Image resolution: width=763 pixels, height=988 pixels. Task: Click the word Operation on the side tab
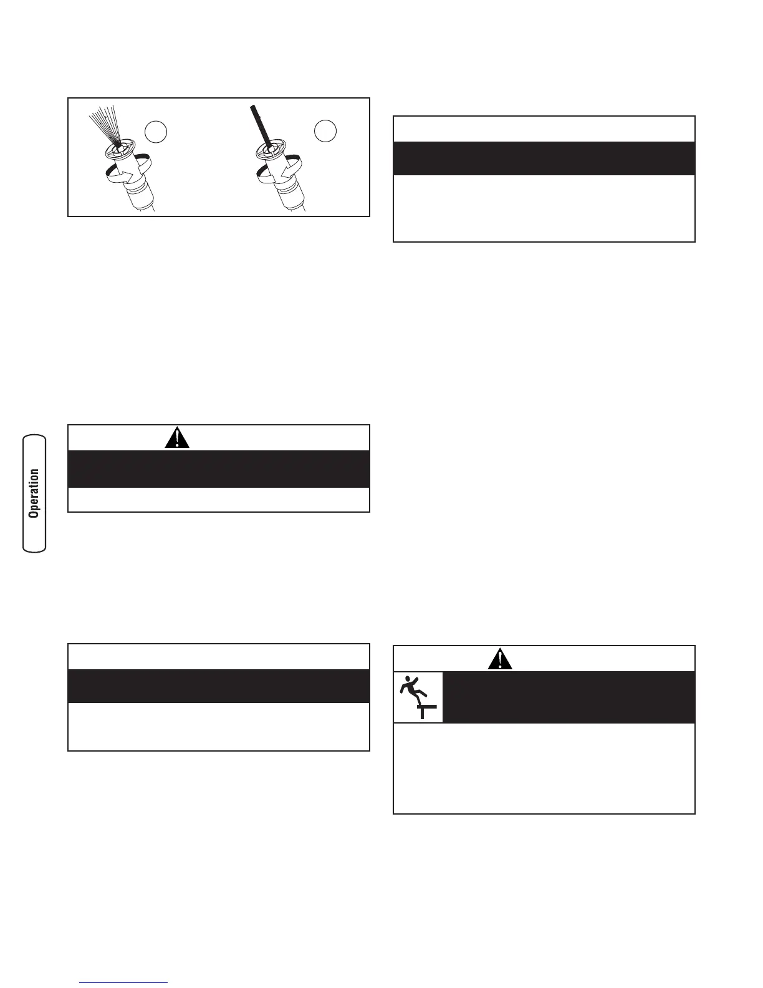34,493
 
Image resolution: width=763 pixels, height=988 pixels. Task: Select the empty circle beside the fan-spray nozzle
156,132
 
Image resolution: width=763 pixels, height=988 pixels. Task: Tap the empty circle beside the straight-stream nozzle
325,131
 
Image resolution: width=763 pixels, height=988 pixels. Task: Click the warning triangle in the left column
178,437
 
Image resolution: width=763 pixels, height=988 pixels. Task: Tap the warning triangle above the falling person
500,659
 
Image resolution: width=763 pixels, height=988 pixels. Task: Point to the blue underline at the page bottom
123,983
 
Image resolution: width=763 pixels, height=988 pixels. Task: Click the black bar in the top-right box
544,158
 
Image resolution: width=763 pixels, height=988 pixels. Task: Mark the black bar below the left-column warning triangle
218,469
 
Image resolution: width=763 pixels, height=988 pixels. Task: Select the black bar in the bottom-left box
218,686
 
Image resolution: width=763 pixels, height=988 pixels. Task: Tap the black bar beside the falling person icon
569,697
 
